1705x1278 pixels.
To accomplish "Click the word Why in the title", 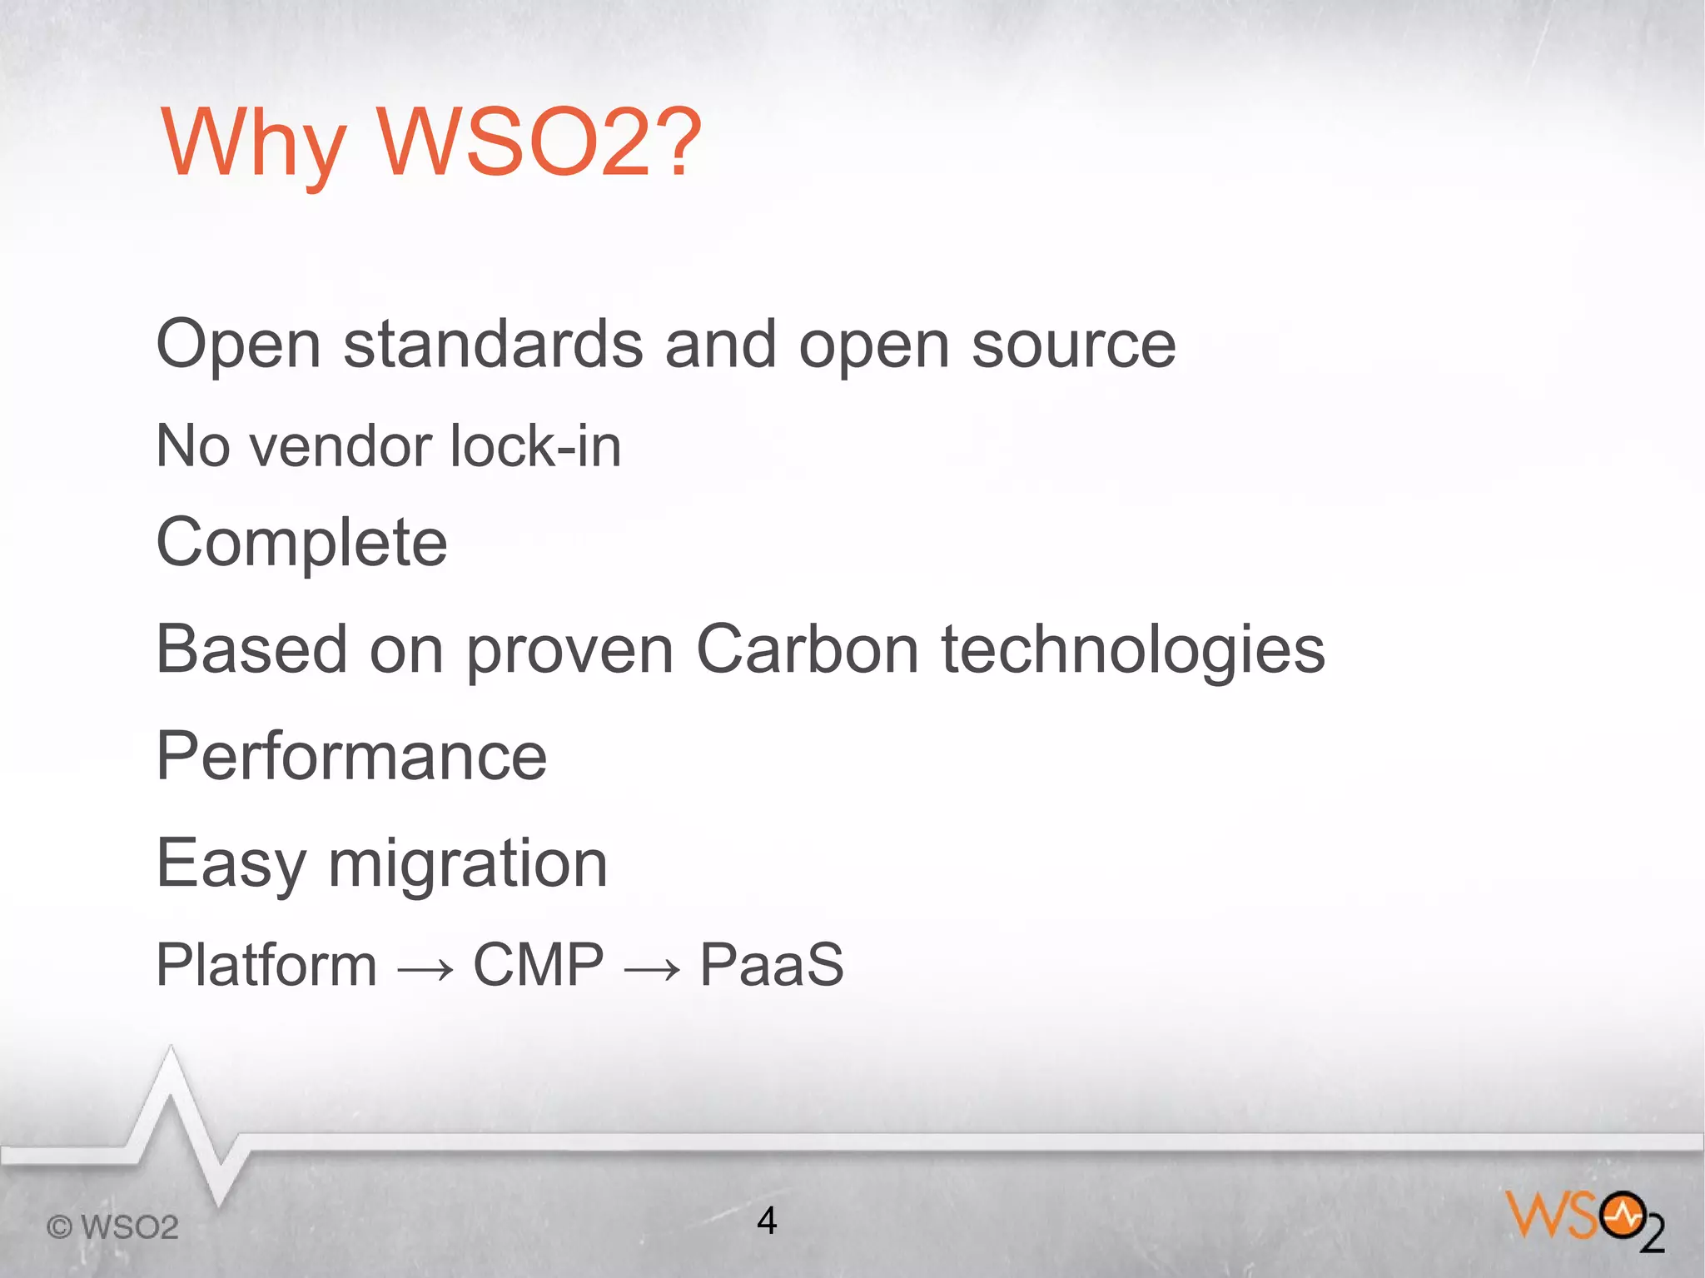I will coord(252,143).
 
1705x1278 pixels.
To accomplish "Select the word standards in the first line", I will coord(492,345).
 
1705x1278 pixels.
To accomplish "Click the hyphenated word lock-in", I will coord(535,446).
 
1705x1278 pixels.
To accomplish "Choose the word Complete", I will coord(301,543).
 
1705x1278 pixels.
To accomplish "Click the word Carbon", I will coord(807,649).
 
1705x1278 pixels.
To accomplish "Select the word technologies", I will coord(1132,651).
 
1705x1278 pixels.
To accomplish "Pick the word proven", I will coord(569,651).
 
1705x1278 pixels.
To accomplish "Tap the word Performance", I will coord(351,756).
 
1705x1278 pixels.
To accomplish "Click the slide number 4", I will coord(767,1221).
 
